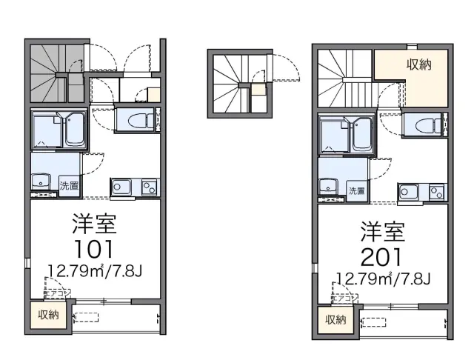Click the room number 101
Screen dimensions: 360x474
click(x=93, y=248)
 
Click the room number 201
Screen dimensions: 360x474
click(x=381, y=258)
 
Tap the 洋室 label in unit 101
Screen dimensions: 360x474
click(x=95, y=223)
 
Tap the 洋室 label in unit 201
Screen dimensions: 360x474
click(x=382, y=233)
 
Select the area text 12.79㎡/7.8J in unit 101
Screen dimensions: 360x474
click(x=94, y=269)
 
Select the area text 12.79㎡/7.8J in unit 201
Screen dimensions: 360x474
click(x=382, y=279)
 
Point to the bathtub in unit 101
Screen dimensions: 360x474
click(x=75, y=130)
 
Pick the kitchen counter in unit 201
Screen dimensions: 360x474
click(x=422, y=193)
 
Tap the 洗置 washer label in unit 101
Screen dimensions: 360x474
click(x=69, y=185)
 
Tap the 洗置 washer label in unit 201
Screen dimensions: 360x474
click(x=356, y=191)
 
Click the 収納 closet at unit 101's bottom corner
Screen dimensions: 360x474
click(x=48, y=314)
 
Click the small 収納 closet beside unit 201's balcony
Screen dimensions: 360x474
click(x=335, y=320)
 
